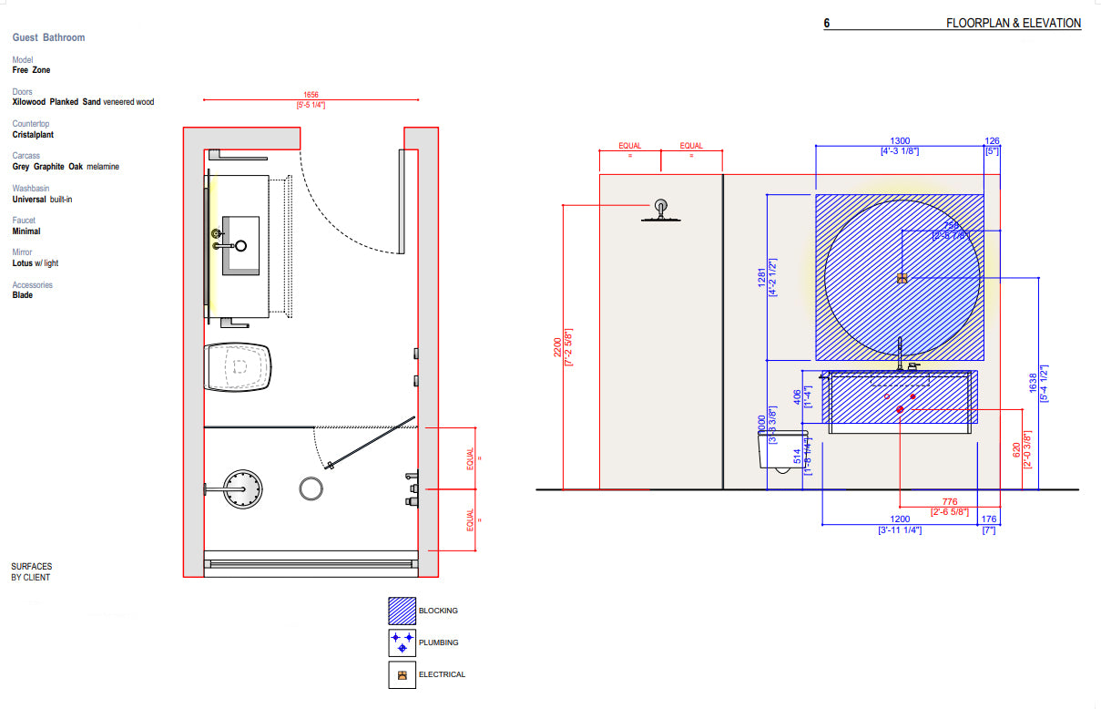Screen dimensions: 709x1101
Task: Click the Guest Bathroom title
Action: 48,37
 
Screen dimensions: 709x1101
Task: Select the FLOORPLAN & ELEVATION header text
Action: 1014,24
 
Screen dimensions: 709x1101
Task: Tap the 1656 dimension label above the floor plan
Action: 311,95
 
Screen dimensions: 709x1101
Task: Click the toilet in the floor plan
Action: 239,367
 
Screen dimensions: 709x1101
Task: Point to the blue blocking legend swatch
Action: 402,611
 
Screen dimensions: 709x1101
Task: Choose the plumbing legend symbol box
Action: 402,642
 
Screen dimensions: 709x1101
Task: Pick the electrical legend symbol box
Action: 402,675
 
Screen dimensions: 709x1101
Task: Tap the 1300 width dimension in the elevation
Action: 899,140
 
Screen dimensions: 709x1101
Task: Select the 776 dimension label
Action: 950,501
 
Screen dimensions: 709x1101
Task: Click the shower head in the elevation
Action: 660,211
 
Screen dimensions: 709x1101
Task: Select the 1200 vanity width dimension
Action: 899,519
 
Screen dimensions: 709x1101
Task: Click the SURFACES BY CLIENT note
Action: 31,571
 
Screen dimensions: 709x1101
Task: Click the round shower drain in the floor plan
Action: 311,488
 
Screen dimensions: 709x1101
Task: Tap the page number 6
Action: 827,24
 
